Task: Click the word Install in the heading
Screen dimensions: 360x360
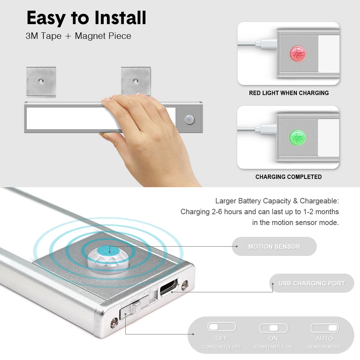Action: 120,18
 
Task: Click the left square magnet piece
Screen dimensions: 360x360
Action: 41,81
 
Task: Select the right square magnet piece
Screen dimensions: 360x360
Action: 136,81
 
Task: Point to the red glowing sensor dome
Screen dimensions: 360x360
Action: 298,54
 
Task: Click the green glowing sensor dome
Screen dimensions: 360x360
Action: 298,138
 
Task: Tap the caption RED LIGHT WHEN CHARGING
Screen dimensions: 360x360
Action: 289,93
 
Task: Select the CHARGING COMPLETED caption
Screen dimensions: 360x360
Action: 288,177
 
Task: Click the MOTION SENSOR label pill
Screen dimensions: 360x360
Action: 274,246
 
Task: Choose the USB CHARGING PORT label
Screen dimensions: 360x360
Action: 311,283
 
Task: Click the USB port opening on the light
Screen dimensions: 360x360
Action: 169,287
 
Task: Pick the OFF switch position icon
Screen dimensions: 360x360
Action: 222,327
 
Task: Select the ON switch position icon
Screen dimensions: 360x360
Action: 274,328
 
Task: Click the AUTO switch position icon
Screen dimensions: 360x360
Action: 325,328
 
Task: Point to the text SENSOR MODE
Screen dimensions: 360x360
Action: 324,347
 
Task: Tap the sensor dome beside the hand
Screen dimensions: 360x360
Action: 189,120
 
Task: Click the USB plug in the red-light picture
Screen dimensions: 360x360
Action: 266,44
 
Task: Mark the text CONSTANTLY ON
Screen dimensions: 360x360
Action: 273,347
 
